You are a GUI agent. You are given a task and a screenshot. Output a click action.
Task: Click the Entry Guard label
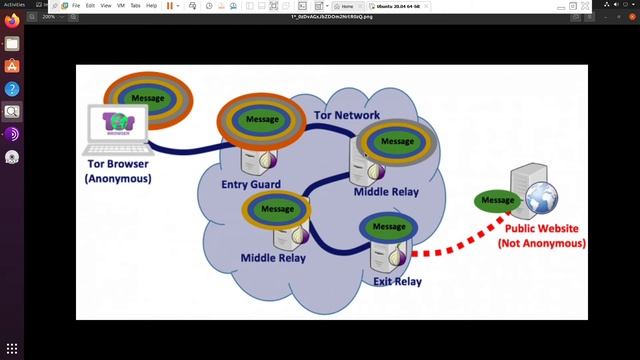(x=251, y=183)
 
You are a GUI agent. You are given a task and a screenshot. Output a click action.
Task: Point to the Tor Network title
(x=347, y=115)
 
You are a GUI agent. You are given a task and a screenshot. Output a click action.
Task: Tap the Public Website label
(x=540, y=235)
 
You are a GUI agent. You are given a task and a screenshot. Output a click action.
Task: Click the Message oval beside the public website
(x=498, y=200)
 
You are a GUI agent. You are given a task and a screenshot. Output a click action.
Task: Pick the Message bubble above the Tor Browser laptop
(x=148, y=98)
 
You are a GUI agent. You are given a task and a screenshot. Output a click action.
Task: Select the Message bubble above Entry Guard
(x=261, y=120)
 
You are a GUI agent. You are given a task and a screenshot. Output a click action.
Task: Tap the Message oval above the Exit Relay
(x=389, y=227)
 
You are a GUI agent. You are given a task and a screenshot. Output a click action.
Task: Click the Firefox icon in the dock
(x=12, y=21)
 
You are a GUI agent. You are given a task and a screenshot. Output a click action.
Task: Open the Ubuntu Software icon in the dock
(x=12, y=66)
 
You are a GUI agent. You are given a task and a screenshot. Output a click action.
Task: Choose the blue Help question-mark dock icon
(x=12, y=89)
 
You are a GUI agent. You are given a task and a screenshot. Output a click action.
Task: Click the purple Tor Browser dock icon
(x=12, y=134)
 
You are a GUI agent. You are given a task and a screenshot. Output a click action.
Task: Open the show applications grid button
(x=12, y=348)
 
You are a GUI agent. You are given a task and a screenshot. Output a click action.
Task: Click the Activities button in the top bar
(x=14, y=5)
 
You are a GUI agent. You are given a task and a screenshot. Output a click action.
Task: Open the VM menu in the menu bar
(x=120, y=5)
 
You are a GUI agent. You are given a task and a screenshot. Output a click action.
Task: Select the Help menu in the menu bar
(x=152, y=5)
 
